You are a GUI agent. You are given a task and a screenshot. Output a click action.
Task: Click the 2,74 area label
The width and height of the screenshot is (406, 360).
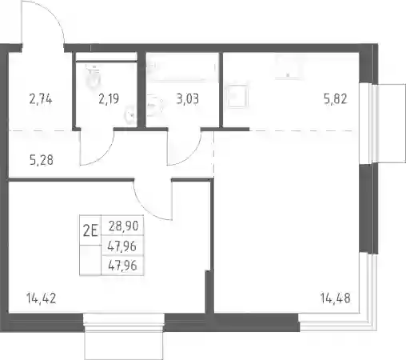(x=41, y=99)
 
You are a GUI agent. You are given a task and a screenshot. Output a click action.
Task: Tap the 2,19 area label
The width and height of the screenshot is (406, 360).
(x=109, y=99)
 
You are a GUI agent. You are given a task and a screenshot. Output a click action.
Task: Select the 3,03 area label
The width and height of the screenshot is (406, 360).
(x=187, y=99)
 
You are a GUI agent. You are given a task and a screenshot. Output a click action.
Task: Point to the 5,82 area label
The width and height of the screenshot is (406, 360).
(x=336, y=99)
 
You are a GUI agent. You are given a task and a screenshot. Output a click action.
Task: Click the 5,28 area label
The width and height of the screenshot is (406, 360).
(x=42, y=160)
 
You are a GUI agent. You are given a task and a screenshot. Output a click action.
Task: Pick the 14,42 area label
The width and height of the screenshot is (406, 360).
(x=42, y=298)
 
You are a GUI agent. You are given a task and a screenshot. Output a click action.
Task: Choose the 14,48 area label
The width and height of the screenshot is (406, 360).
(x=336, y=298)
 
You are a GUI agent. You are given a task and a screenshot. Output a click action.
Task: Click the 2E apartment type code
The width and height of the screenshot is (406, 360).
(x=90, y=230)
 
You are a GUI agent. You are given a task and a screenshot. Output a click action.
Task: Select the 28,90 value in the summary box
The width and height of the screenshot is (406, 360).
(x=123, y=226)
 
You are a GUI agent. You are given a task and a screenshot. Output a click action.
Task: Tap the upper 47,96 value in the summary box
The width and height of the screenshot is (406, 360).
(x=122, y=246)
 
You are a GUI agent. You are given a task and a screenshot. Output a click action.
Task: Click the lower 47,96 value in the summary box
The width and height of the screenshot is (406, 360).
(x=122, y=266)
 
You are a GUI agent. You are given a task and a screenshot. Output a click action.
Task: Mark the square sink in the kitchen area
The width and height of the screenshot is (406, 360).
(x=237, y=96)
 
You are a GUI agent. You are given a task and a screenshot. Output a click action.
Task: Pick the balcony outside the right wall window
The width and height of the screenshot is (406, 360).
(x=390, y=123)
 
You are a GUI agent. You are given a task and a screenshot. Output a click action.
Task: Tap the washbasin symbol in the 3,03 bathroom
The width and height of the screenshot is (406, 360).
(x=154, y=106)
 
